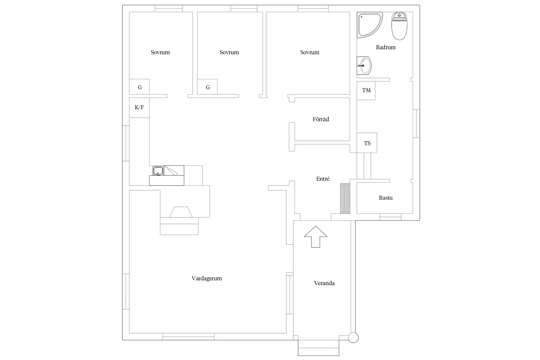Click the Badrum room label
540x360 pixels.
(386, 47)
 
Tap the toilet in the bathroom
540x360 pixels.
(399, 26)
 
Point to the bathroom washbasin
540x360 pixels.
(364, 65)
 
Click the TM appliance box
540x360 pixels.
(366, 91)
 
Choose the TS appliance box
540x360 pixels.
(367, 143)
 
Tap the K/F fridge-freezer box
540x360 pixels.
(139, 108)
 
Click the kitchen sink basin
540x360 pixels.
(158, 171)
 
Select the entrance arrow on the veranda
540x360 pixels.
(315, 237)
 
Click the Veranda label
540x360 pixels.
(324, 283)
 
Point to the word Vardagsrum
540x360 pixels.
(207, 279)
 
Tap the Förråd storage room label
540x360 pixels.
(321, 119)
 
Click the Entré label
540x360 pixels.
(323, 179)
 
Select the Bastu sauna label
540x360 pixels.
(386, 198)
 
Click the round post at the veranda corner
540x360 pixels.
(353, 337)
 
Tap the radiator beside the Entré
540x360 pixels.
(345, 198)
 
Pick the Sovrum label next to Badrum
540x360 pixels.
(310, 52)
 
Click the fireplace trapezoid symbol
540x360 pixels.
(181, 212)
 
